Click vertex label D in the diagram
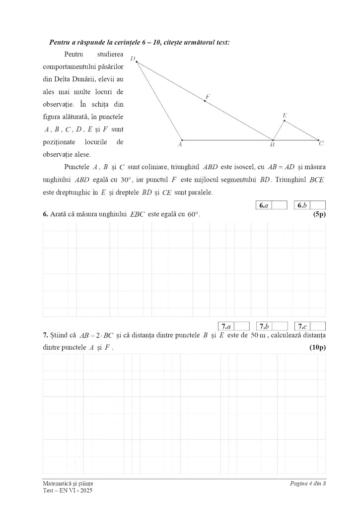point(133,59)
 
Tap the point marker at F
point(205,101)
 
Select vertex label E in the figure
point(285,116)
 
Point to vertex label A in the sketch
point(180,145)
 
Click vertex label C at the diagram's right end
point(321,144)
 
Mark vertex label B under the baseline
point(272,145)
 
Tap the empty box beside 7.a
point(242,326)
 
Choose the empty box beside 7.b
point(280,326)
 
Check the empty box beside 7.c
point(318,326)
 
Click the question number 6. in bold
point(46,214)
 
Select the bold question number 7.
point(46,336)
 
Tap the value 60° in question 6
point(193,214)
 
